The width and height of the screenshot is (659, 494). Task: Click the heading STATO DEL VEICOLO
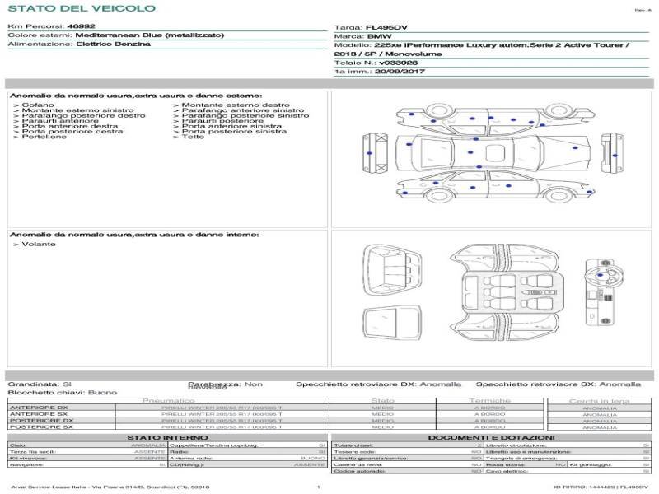click(x=81, y=8)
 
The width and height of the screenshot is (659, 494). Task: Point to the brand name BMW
click(x=379, y=36)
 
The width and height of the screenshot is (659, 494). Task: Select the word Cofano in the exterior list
click(x=38, y=105)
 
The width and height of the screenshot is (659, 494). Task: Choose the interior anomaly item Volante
click(x=39, y=245)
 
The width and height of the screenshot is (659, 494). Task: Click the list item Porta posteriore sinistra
click(x=234, y=131)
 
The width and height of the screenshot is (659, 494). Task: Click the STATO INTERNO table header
click(x=168, y=437)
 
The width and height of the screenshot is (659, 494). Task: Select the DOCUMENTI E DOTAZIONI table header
click(x=492, y=437)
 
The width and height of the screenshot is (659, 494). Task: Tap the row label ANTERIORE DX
click(x=39, y=408)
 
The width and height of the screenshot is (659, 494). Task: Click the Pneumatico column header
click(x=168, y=400)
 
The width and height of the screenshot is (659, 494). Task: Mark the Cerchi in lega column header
click(x=599, y=400)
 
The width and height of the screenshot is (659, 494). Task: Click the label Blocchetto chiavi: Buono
click(x=63, y=393)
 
